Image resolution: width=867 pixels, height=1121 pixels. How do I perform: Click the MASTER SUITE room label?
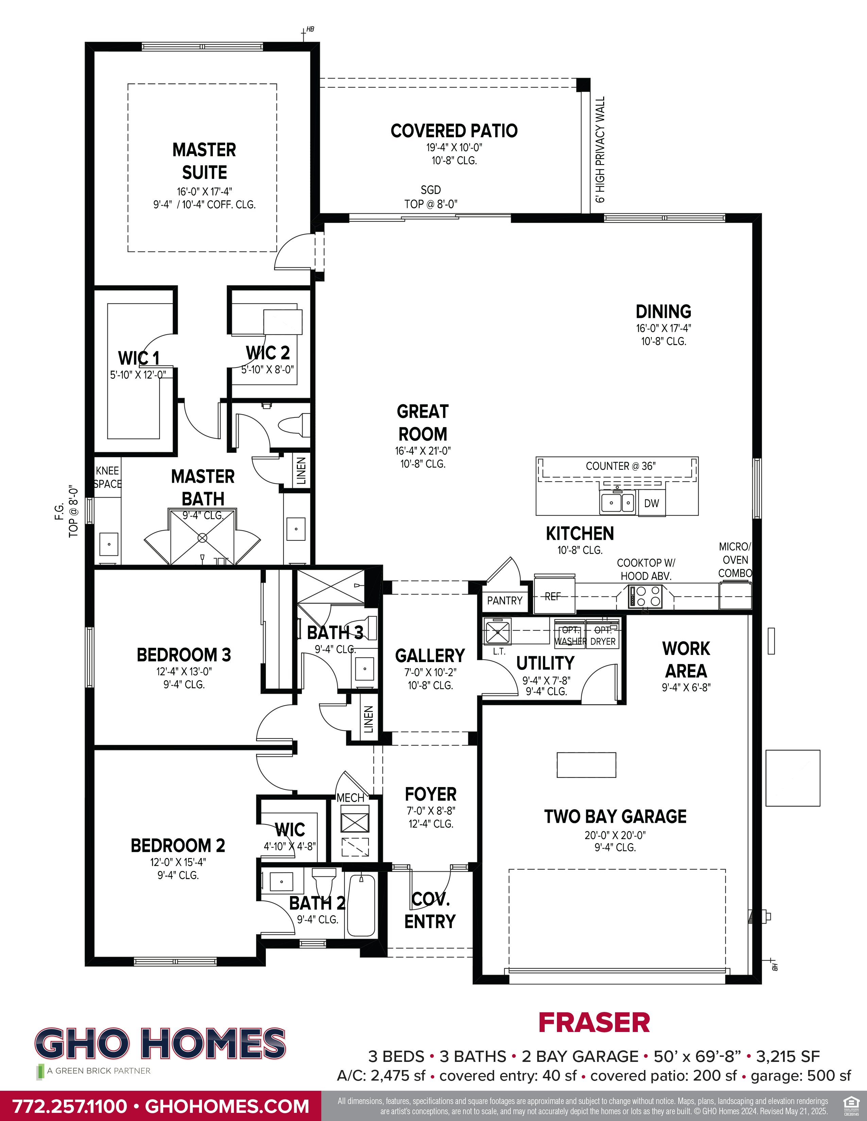pos(204,161)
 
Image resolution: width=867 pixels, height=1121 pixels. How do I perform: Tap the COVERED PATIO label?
pos(454,131)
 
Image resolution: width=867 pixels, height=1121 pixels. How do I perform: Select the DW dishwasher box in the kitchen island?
pos(651,503)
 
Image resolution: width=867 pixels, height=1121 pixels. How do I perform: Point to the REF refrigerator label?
pos(552,597)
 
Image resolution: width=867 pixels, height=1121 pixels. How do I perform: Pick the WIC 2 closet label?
pos(268,353)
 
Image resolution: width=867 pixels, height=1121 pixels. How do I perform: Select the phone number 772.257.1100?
pos(69,1106)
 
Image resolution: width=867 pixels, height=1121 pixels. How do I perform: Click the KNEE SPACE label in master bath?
pos(107,477)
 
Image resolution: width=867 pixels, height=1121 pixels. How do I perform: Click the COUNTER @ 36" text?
pos(620,466)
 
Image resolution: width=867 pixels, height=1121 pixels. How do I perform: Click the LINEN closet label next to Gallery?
pos(368,719)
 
